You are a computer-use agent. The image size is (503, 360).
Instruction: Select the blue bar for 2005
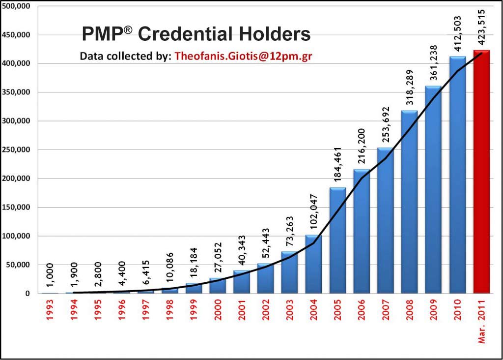click(337, 241)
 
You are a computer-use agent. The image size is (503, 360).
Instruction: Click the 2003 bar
click(289, 273)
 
